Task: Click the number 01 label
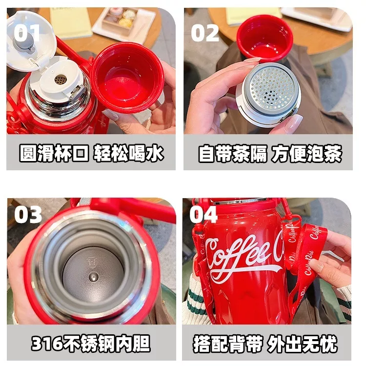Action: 27,33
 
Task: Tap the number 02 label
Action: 204,33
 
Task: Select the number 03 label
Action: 28,215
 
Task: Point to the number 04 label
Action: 203,215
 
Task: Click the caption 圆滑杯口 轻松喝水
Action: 91,153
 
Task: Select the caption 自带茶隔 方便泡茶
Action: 270,153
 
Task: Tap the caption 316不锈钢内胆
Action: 91,344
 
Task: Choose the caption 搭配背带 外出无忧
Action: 265,344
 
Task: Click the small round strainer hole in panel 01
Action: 61,80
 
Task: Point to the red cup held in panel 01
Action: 127,77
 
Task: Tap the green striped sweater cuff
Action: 197,301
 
